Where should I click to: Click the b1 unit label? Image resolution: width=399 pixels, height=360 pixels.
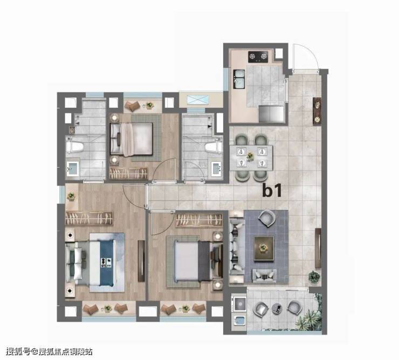tap(272, 191)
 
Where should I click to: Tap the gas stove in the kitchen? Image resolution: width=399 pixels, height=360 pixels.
tap(258, 57)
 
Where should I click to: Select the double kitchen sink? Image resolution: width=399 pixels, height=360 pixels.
tap(239, 79)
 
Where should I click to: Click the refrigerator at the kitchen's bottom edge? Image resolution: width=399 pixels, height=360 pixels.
tap(271, 114)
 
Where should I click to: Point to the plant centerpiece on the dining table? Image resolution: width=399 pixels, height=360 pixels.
tap(250, 156)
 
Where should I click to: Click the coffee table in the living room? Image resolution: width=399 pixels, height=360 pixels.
tap(264, 248)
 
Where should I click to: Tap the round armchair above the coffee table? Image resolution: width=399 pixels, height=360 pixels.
tap(267, 219)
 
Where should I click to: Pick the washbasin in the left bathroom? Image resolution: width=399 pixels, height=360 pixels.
tap(73, 168)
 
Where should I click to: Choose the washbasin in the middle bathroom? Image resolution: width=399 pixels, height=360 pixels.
tap(217, 168)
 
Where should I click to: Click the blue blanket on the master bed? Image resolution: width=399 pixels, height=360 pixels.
tap(107, 262)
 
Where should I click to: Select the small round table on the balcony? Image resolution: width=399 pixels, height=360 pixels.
tap(277, 309)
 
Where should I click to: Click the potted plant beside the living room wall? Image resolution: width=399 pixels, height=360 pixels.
tap(314, 277)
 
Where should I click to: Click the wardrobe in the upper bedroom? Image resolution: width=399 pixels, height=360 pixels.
tap(128, 173)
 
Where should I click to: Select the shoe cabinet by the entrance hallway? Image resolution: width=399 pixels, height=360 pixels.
tap(317, 111)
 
